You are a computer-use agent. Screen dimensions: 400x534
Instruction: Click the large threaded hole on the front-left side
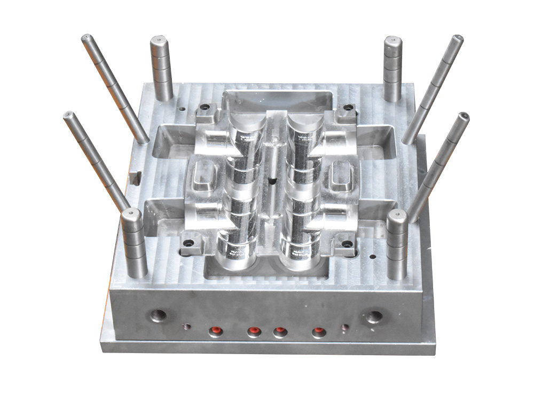coord(159,314)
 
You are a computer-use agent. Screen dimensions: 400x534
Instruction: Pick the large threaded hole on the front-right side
coord(374,316)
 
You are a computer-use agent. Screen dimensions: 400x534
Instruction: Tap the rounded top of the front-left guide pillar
coord(131,214)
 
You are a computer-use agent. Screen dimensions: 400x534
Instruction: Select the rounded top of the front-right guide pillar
coord(397,216)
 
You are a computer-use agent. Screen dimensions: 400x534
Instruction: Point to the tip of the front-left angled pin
coord(68,115)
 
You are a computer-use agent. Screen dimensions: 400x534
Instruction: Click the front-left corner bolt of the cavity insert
coord(187,243)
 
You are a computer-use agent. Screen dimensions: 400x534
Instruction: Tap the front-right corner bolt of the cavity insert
coord(348,244)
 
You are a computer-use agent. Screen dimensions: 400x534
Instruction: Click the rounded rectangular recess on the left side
coord(203,175)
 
